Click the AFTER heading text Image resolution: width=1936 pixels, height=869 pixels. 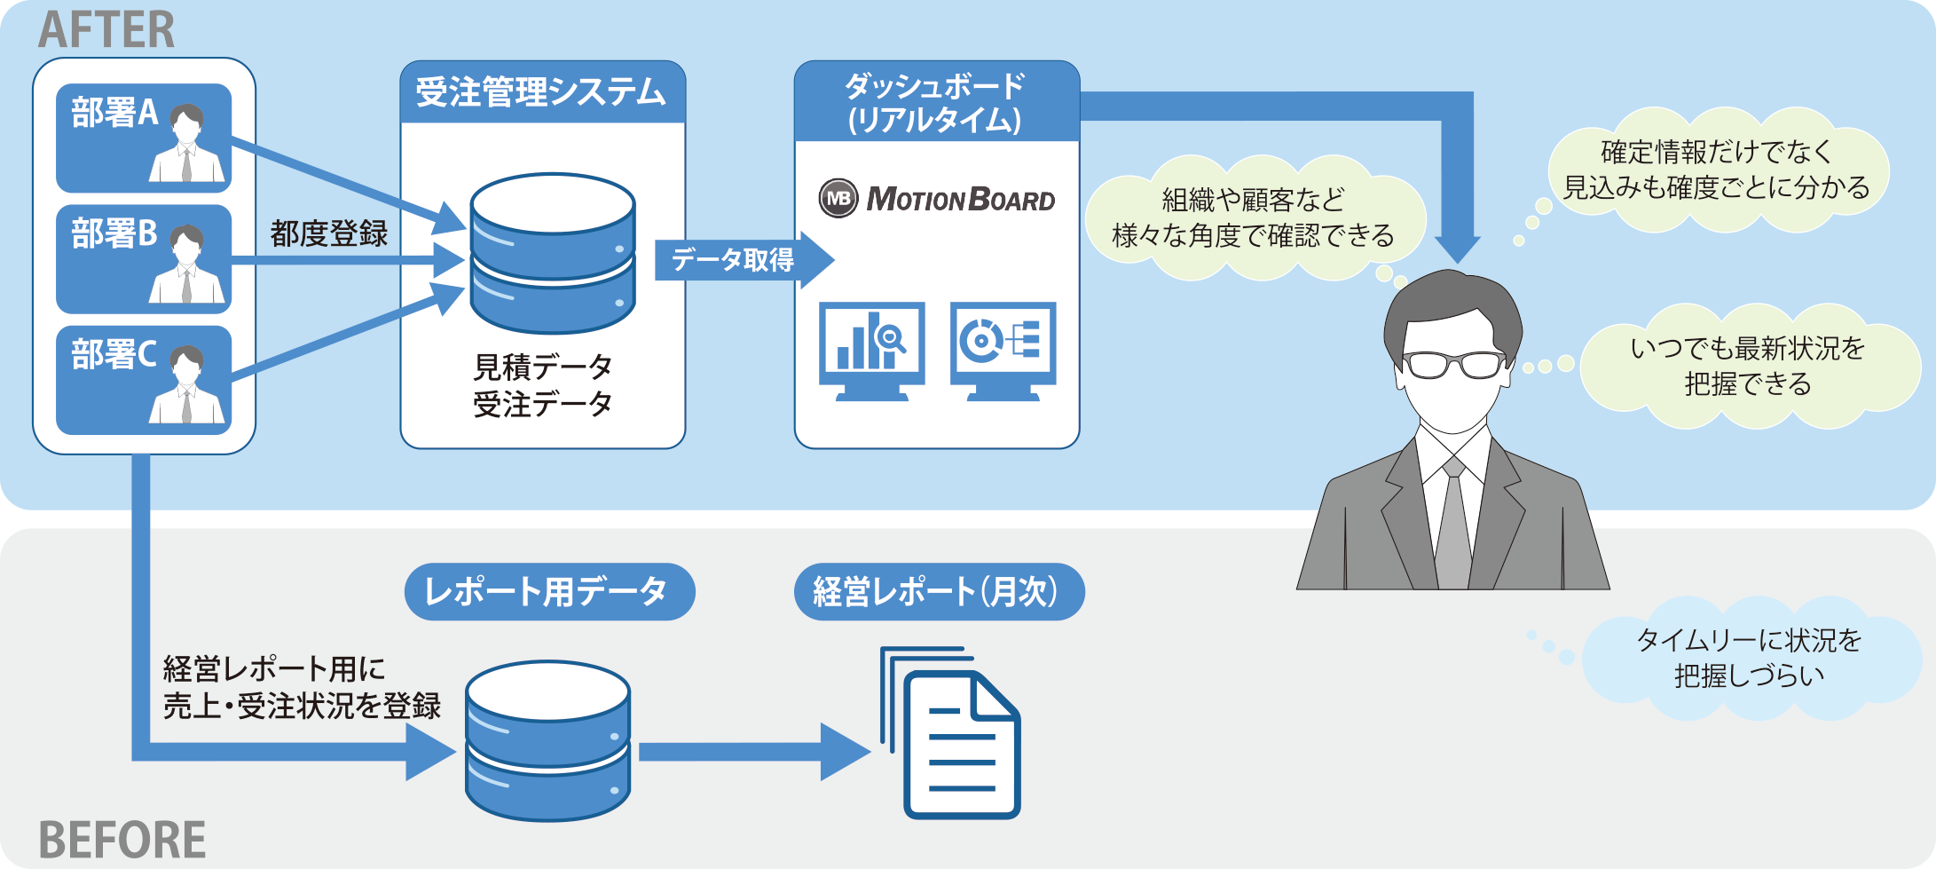tap(106, 29)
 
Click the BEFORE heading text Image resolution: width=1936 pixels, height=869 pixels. tap(122, 840)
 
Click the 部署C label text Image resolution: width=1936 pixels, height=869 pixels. tap(114, 354)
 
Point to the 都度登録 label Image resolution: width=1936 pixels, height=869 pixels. tap(329, 233)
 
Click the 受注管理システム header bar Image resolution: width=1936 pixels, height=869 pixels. tap(542, 91)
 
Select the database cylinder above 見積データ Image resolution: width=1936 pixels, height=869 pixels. tap(552, 253)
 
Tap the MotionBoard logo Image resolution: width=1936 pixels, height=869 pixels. tap(937, 198)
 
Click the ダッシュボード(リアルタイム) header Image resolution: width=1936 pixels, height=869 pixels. tap(936, 102)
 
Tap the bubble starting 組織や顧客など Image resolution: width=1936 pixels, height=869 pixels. tap(1253, 217)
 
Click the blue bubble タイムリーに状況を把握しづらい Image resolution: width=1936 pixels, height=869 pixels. tap(1748, 658)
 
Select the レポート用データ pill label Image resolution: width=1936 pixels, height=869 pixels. tap(549, 591)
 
